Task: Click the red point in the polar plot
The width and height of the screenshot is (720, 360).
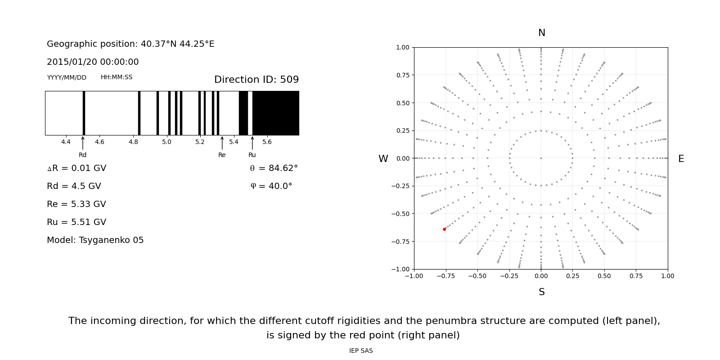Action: click(444, 229)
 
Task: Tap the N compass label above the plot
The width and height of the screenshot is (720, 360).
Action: click(541, 33)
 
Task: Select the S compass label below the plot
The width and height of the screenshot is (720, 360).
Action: click(541, 292)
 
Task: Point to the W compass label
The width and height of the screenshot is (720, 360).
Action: click(383, 159)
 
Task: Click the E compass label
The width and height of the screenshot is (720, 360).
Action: click(681, 159)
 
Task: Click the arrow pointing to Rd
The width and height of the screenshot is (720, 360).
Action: click(83, 143)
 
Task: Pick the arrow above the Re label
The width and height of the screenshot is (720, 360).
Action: click(222, 143)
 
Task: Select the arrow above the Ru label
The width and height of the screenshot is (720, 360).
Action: click(252, 143)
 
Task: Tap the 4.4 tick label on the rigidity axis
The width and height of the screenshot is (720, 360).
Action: click(66, 142)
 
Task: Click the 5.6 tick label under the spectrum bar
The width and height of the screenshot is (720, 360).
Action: click(267, 142)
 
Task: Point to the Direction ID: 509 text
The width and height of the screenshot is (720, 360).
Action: click(256, 80)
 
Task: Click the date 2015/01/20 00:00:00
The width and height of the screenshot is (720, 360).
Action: click(93, 62)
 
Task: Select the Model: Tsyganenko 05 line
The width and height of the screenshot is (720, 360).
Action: click(95, 240)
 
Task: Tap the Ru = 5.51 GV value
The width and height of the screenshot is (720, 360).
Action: click(76, 222)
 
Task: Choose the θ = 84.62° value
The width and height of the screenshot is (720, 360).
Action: click(274, 168)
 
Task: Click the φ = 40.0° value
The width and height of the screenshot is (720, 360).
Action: click(271, 186)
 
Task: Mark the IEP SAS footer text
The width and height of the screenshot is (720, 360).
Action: click(361, 351)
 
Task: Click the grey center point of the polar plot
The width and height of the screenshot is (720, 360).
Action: click(541, 158)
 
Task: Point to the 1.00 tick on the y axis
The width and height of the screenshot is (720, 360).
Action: click(402, 47)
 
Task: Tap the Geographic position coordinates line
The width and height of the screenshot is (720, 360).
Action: click(130, 44)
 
